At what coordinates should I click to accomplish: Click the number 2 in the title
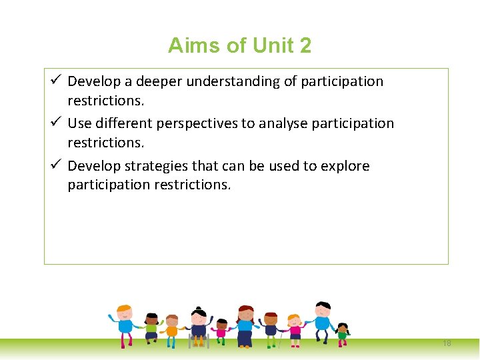(x=305, y=45)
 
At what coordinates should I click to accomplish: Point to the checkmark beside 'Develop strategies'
(x=57, y=165)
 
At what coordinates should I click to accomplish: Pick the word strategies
(x=156, y=166)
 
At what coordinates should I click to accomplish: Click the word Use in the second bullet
(x=79, y=124)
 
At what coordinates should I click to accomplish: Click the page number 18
(x=447, y=343)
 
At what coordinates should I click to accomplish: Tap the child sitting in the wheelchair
(x=198, y=327)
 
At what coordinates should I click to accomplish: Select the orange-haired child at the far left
(x=125, y=323)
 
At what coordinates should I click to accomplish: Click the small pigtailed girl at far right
(x=343, y=333)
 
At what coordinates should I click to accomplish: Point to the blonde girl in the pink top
(x=293, y=328)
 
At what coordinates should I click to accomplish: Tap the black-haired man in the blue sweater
(x=323, y=320)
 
